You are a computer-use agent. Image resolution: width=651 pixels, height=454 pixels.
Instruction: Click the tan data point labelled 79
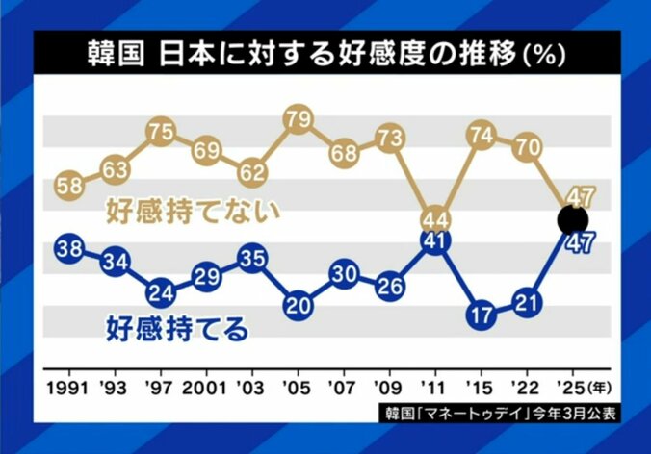[x=297, y=120]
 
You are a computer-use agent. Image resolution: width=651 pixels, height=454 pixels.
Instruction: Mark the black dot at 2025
[x=572, y=220]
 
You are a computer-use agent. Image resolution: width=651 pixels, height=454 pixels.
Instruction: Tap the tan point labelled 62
[x=251, y=174]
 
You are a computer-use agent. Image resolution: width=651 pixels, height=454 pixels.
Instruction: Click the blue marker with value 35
[x=251, y=259]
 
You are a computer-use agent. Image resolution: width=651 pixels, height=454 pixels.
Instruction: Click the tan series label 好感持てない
[x=192, y=209]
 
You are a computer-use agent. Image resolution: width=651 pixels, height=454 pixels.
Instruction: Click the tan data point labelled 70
[x=526, y=147]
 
